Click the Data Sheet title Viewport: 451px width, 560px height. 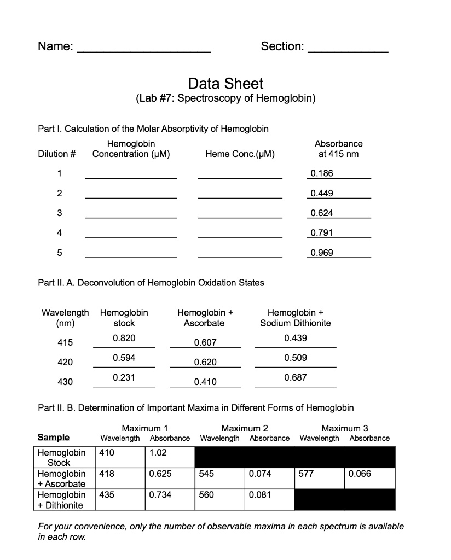click(225, 84)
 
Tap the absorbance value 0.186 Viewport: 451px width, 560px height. click(321, 173)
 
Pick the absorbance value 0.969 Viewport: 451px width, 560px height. click(321, 253)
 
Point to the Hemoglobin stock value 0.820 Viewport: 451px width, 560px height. click(124, 339)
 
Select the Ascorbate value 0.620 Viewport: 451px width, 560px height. click(205, 362)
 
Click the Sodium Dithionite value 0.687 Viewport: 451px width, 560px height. click(296, 377)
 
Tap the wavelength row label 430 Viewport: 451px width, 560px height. click(65, 382)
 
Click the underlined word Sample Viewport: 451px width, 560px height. click(53, 437)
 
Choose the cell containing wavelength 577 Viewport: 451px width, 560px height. click(319, 474)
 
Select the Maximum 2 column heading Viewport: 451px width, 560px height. click(244, 428)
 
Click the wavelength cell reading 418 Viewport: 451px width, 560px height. click(121, 474)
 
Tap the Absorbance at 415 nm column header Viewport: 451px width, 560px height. click(338, 149)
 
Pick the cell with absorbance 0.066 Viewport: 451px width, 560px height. click(370, 474)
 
